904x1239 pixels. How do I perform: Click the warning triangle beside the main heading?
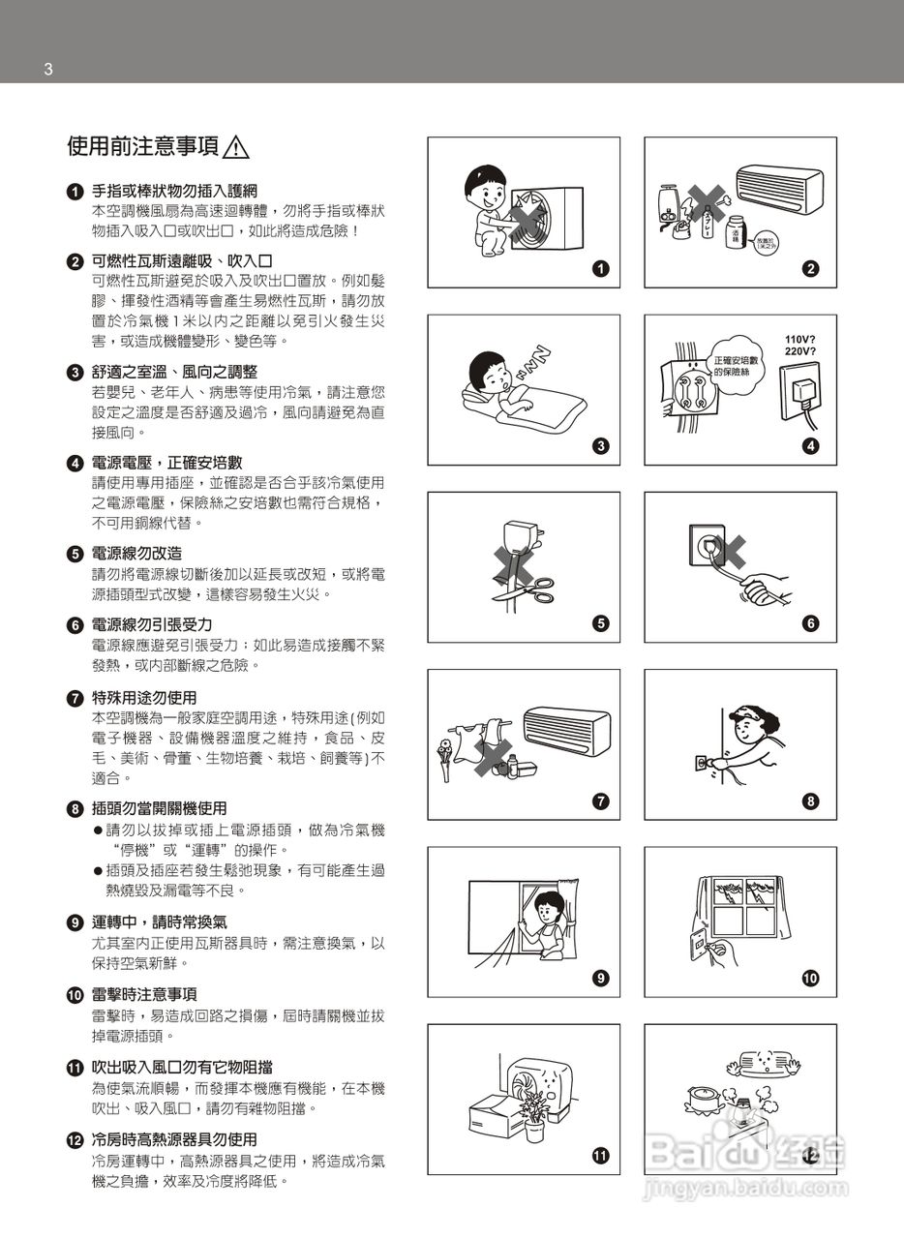click(236, 147)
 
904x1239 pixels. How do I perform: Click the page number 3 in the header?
click(47, 69)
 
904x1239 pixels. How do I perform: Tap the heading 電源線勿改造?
click(136, 553)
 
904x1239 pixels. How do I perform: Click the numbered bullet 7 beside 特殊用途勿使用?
click(75, 698)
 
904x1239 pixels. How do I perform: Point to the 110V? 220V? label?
click(799, 346)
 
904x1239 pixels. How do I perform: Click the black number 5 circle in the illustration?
click(601, 623)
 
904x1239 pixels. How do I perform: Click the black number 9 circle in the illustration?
click(601, 979)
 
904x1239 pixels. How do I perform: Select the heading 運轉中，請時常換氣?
click(160, 922)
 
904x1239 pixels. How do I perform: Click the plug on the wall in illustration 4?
click(799, 390)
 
